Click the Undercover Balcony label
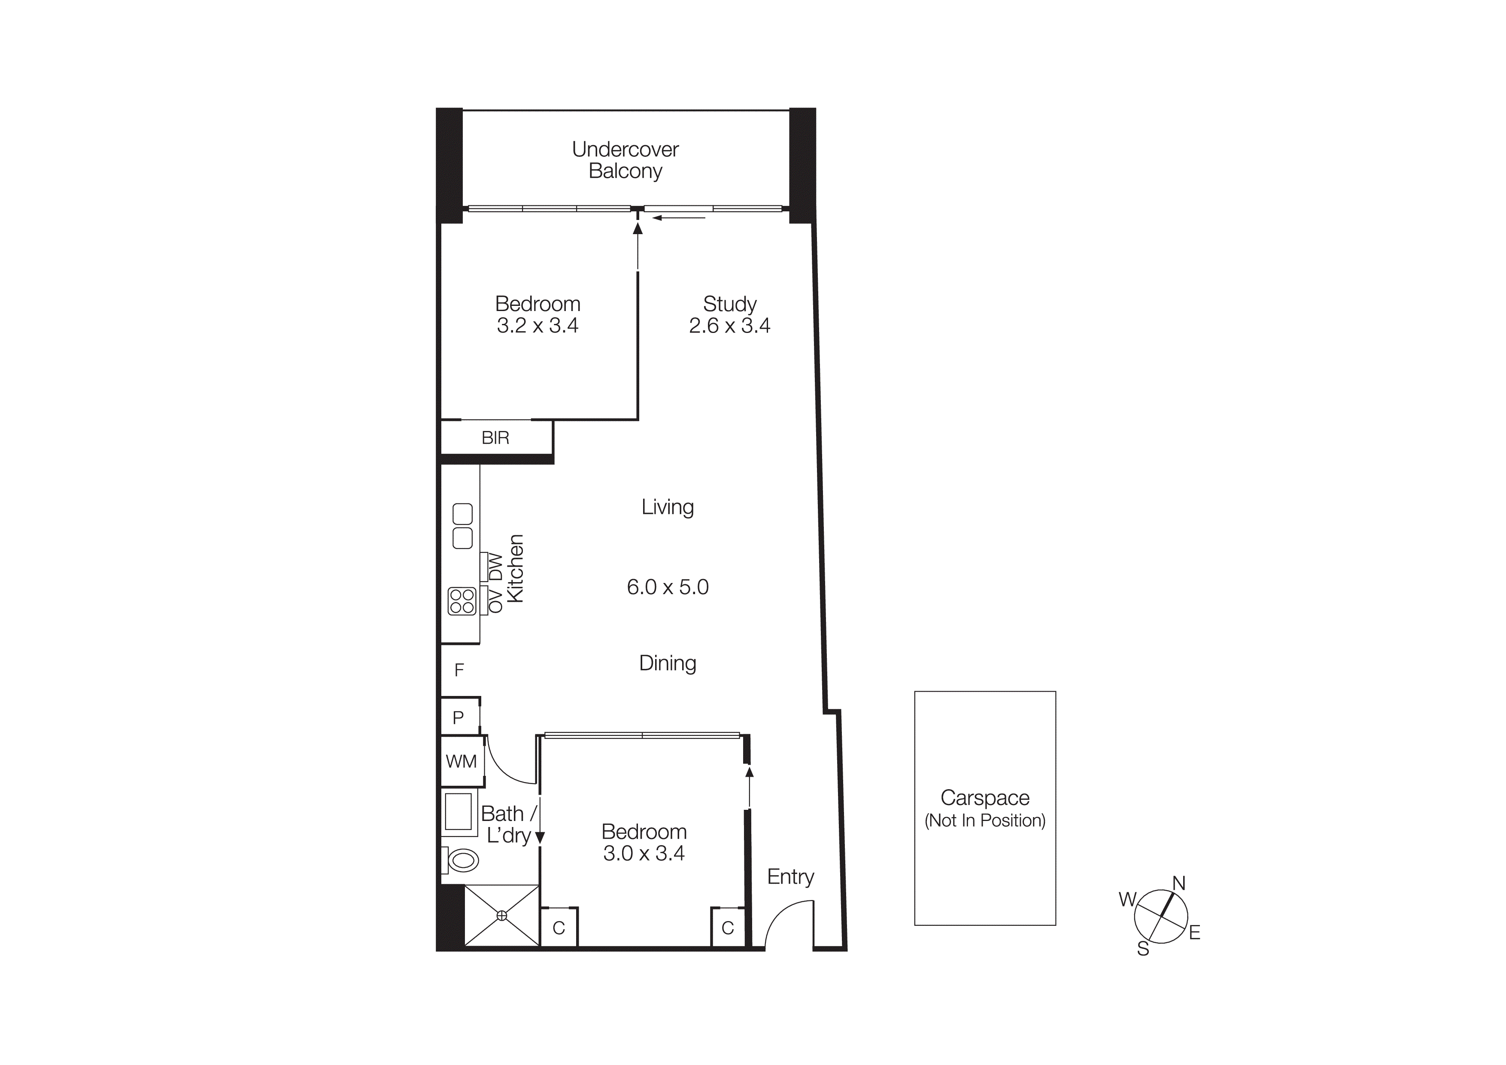tap(625, 160)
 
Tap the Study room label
tap(729, 305)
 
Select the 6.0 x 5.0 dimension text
tap(668, 587)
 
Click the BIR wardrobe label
tap(495, 438)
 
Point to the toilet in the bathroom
tap(463, 860)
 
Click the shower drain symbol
tap(502, 915)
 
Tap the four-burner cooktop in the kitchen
tap(462, 601)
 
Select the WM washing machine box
tap(461, 762)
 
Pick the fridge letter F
tap(459, 670)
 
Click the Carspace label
tap(984, 798)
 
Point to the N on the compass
tap(1179, 883)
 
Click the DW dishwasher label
tap(496, 567)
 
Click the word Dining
tap(668, 663)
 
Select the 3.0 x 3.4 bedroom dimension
tap(644, 854)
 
